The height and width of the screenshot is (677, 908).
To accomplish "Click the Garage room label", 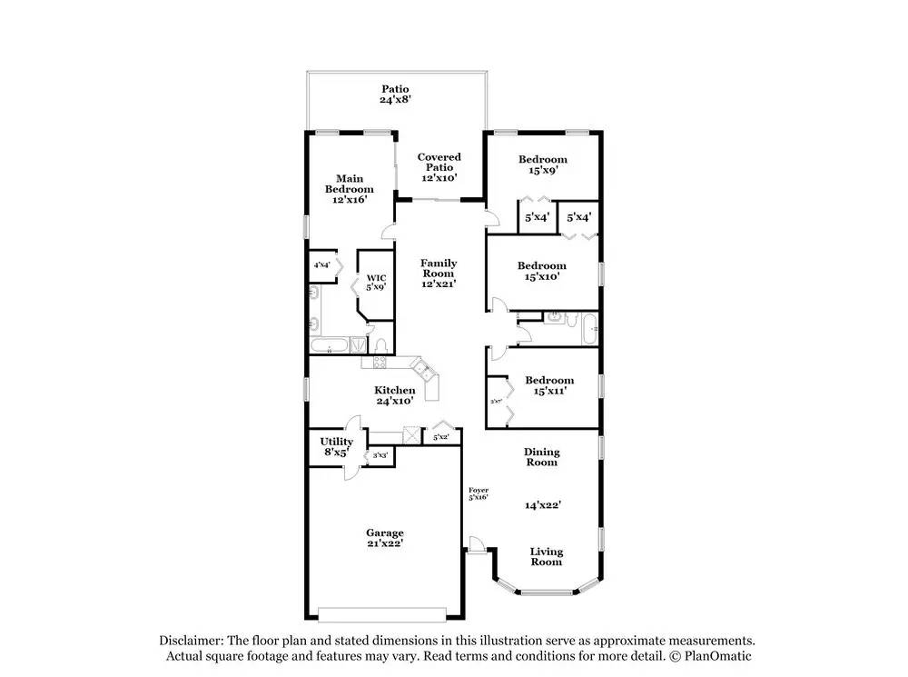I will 385,533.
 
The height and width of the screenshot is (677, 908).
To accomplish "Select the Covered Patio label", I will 439,157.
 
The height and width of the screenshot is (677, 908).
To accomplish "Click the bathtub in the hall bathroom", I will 588,328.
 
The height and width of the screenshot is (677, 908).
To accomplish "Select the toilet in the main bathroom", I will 382,344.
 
